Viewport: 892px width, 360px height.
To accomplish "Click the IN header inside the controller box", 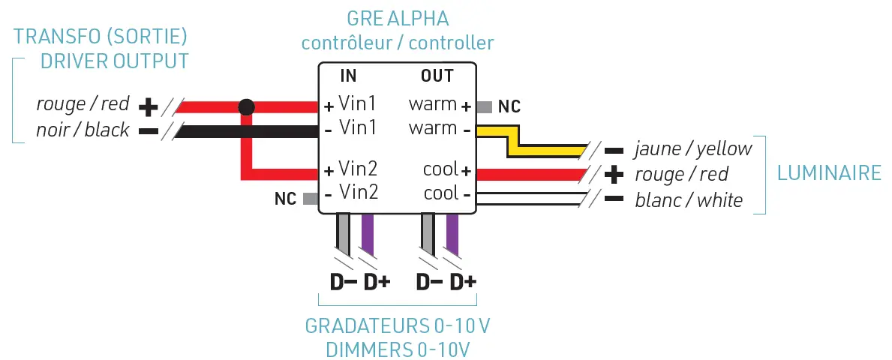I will (348, 76).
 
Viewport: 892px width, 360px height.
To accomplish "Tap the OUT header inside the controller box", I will (437, 76).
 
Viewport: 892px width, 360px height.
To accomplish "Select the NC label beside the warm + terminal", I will (509, 106).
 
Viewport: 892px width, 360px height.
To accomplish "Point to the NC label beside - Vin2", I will (285, 199).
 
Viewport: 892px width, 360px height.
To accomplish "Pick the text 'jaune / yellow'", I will (692, 148).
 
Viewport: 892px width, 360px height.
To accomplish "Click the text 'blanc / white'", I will (688, 199).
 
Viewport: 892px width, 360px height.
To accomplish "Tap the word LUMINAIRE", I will (829, 173).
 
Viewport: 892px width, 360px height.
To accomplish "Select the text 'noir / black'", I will (83, 130).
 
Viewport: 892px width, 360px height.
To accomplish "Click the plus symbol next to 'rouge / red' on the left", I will (149, 106).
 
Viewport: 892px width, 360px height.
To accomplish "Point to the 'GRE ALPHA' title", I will (398, 17).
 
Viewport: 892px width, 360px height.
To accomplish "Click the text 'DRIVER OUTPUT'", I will (114, 61).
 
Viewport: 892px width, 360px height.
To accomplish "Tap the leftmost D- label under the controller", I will (343, 283).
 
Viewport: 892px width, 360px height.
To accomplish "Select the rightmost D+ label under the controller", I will (462, 283).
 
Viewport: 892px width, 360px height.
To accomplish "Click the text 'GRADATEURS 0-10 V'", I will (398, 327).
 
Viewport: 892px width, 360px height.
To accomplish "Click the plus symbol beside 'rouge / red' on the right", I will (614, 175).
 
